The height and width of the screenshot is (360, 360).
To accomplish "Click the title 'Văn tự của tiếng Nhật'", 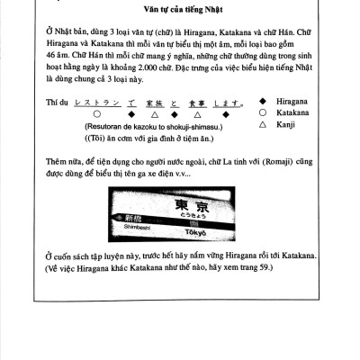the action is coord(180,14).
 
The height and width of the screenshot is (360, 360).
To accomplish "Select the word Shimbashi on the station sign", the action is coord(130,228).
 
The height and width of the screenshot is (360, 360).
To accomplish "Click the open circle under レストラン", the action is coord(95,116).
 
